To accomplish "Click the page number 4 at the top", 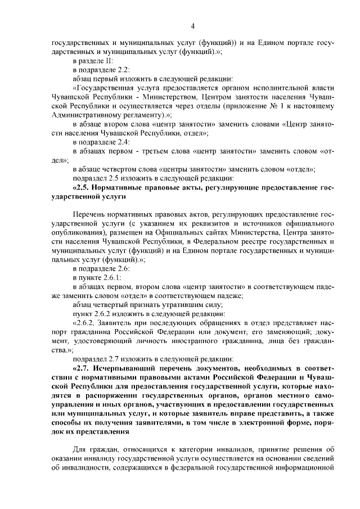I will (x=192, y=26).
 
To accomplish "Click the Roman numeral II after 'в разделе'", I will (x=109, y=61).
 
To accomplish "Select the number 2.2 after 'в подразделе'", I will (x=124, y=70).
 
